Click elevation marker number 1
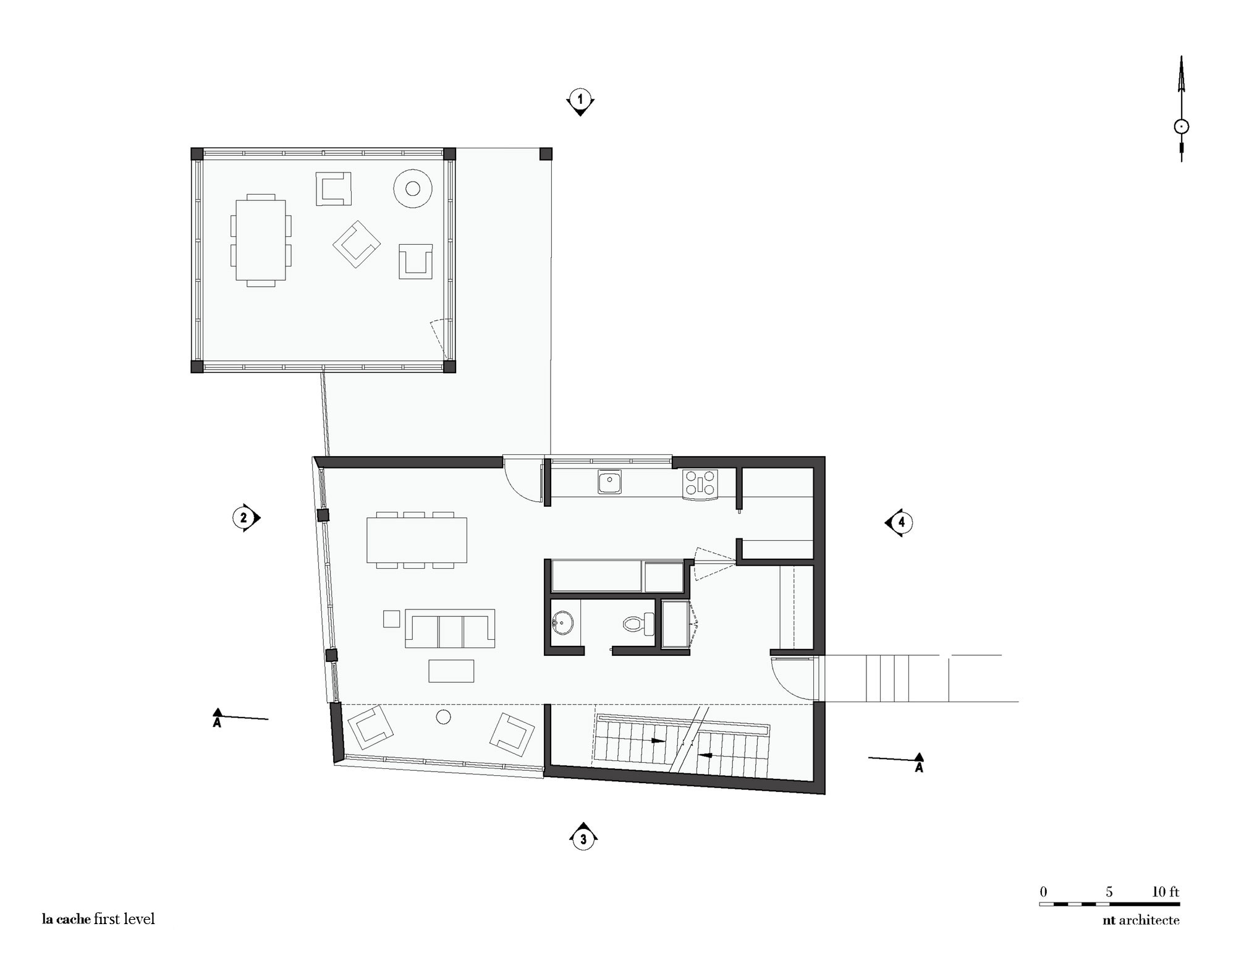pos(580,100)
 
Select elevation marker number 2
pos(243,518)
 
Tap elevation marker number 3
pos(583,839)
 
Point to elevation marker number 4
pos(901,522)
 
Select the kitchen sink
pos(609,482)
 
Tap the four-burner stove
pos(700,484)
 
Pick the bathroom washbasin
pos(563,622)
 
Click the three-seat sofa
pos(450,629)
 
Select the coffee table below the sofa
pos(451,671)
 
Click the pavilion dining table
pos(260,240)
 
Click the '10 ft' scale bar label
pos(1165,892)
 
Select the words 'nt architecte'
pos(1141,920)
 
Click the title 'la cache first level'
pos(98,919)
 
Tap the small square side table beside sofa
pos(391,619)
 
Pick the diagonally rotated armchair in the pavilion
pos(357,244)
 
